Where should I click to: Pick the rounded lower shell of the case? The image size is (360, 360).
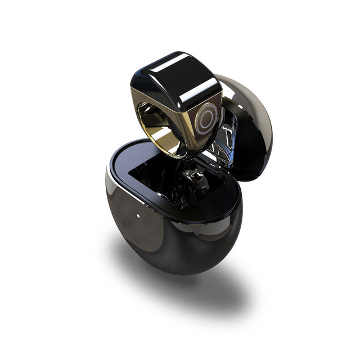pyautogui.click(x=169, y=236)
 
